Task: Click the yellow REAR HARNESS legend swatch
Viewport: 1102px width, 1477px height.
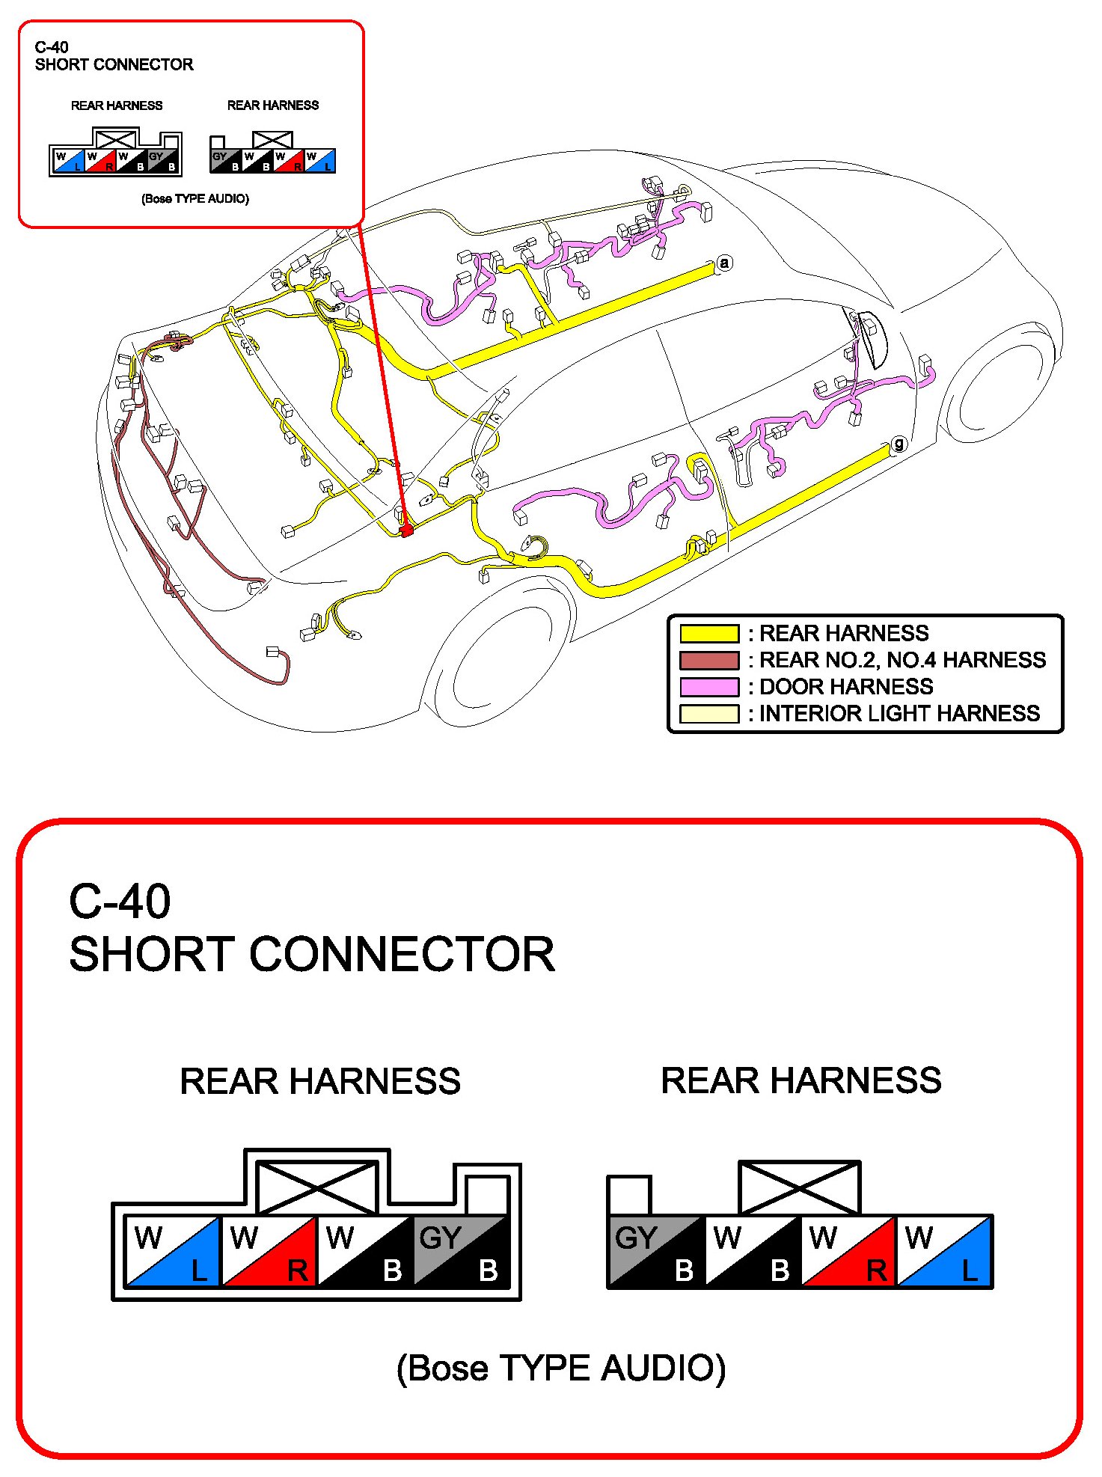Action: [708, 633]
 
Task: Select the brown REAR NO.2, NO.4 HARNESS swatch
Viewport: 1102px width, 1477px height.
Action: [708, 660]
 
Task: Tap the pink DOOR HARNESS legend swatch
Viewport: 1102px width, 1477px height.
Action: [708, 687]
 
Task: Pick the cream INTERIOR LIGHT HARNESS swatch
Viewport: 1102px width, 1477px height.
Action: [708, 714]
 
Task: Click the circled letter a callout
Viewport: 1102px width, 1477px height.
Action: [723, 263]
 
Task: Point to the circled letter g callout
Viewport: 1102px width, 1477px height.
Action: [899, 444]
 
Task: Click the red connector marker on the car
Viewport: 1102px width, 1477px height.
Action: [406, 530]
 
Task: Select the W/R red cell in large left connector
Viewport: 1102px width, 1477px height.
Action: [269, 1252]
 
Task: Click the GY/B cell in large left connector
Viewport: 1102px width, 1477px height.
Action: [461, 1252]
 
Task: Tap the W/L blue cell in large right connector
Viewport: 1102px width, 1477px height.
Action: [944, 1252]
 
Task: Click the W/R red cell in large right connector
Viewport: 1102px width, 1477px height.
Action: [848, 1252]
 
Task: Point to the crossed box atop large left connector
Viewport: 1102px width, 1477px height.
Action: [317, 1187]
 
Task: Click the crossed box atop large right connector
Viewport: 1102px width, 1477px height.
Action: [799, 1187]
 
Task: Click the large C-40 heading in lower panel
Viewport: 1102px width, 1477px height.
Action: [120, 902]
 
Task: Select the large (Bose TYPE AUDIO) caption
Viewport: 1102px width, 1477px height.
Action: [561, 1369]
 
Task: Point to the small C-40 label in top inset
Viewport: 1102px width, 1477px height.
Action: [52, 47]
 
